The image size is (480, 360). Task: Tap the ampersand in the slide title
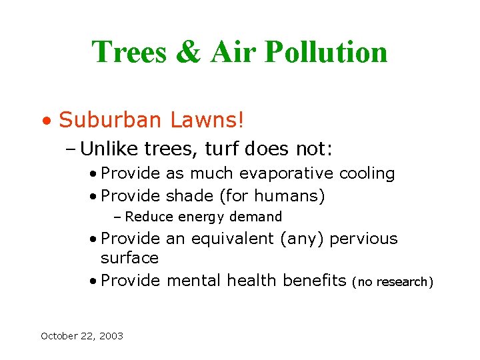click(187, 52)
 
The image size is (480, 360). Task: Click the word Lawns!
click(207, 120)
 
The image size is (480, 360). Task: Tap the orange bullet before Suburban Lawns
click(45, 122)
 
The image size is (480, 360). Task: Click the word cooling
click(367, 174)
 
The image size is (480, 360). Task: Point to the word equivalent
click(227, 239)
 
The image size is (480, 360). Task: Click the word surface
click(129, 257)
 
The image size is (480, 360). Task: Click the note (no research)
click(393, 282)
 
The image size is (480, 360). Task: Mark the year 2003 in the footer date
click(110, 336)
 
